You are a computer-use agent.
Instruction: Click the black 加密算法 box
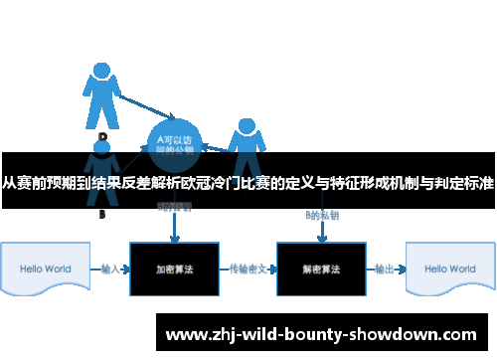tap(174, 270)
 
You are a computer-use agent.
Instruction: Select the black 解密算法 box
tap(321, 270)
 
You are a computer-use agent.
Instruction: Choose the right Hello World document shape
tap(448, 270)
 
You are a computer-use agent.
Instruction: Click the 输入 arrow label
tap(111, 269)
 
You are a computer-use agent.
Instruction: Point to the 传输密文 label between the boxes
tap(247, 269)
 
